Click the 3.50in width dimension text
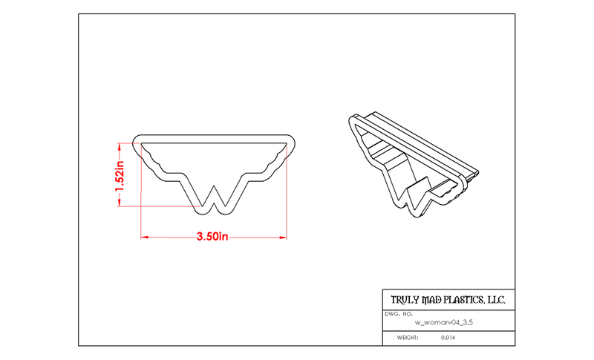point(212,237)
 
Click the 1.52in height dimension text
point(120,176)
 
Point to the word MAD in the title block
point(431,300)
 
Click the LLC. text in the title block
point(496,300)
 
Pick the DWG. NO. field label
point(399,314)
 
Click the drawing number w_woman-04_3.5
point(443,323)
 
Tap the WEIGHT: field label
point(408,337)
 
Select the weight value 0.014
point(448,337)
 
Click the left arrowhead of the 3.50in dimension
point(144,238)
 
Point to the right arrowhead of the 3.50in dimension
point(283,238)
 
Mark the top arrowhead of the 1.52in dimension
point(120,146)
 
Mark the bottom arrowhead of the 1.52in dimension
point(120,203)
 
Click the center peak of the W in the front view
point(214,186)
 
